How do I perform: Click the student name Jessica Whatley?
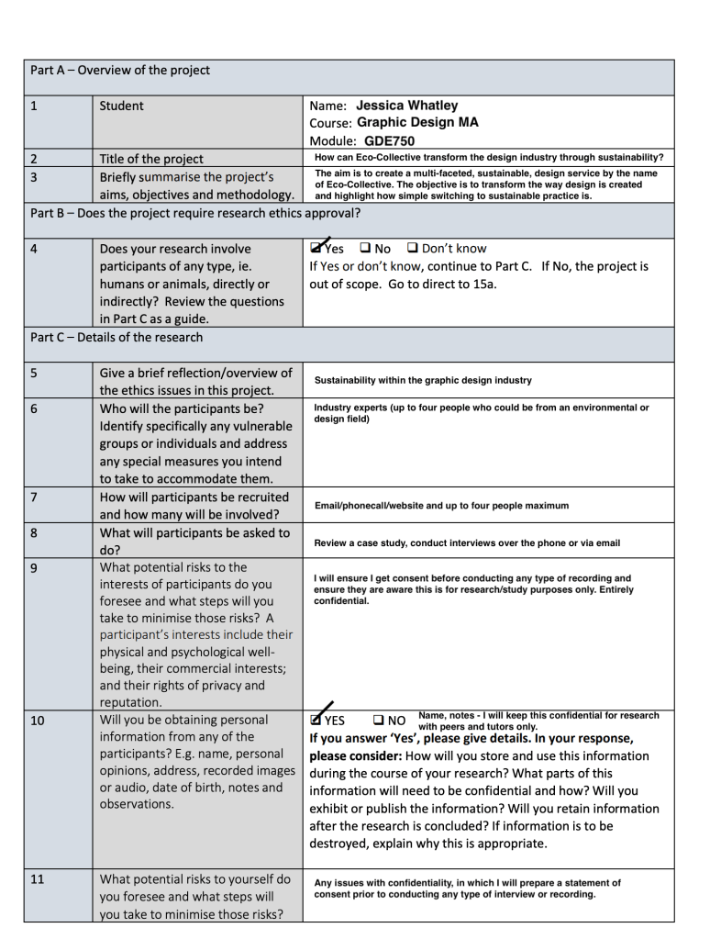[406, 106]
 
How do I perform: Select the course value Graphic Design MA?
[417, 122]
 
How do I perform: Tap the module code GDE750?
[389, 140]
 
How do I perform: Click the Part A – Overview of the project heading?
[120, 71]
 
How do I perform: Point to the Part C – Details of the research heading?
[116, 337]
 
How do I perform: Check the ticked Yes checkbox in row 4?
[316, 249]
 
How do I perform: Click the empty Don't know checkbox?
[412, 249]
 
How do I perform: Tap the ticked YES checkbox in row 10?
[316, 720]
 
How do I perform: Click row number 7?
[34, 497]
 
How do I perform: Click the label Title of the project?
[151, 159]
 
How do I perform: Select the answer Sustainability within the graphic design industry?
[423, 380]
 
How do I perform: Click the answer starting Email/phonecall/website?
[441, 506]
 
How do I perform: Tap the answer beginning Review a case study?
[467, 542]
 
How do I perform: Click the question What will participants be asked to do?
[194, 542]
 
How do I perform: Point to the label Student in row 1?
[121, 106]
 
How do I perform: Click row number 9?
[34, 567]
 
